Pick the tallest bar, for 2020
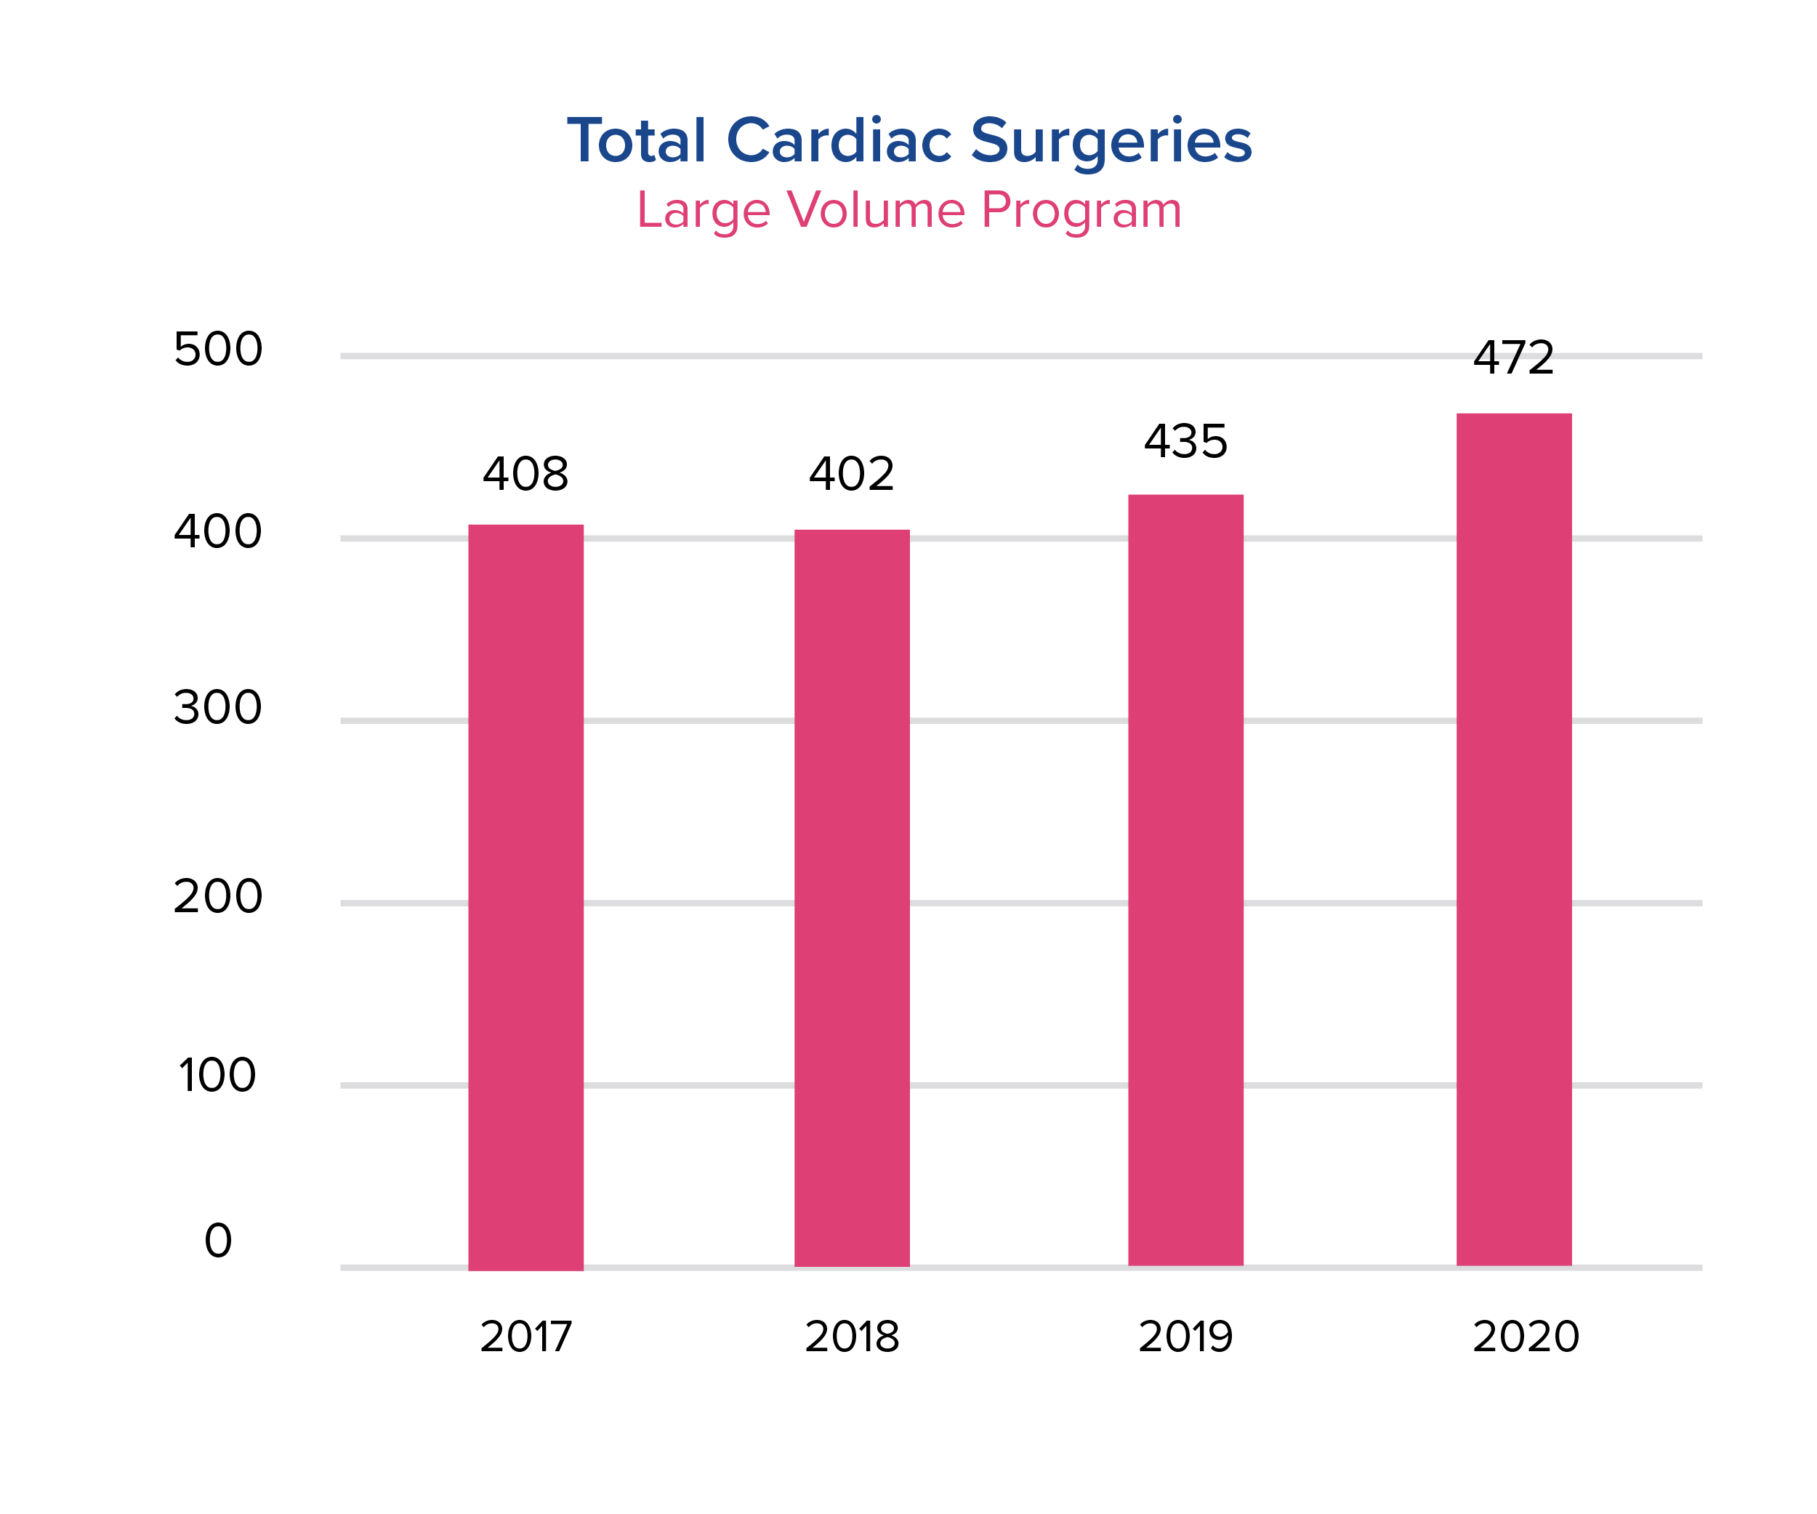pyautogui.click(x=1514, y=840)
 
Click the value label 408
pyautogui.click(x=526, y=474)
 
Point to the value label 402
pyautogui.click(x=853, y=474)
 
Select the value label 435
pyautogui.click(x=1185, y=442)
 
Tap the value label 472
pyautogui.click(x=1514, y=358)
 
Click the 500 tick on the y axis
pyautogui.click(x=218, y=350)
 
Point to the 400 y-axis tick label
pyautogui.click(x=218, y=532)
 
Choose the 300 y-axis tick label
pyautogui.click(x=218, y=708)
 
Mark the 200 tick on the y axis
pyautogui.click(x=218, y=896)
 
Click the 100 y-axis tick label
pyautogui.click(x=218, y=1076)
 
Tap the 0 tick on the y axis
pyautogui.click(x=218, y=1241)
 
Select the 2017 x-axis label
pyautogui.click(x=526, y=1337)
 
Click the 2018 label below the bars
pyautogui.click(x=853, y=1337)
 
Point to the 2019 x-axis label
pyautogui.click(x=1185, y=1337)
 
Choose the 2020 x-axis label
pyautogui.click(x=1526, y=1337)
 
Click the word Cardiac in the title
pyautogui.click(x=839, y=140)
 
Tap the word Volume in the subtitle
pyautogui.click(x=876, y=210)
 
